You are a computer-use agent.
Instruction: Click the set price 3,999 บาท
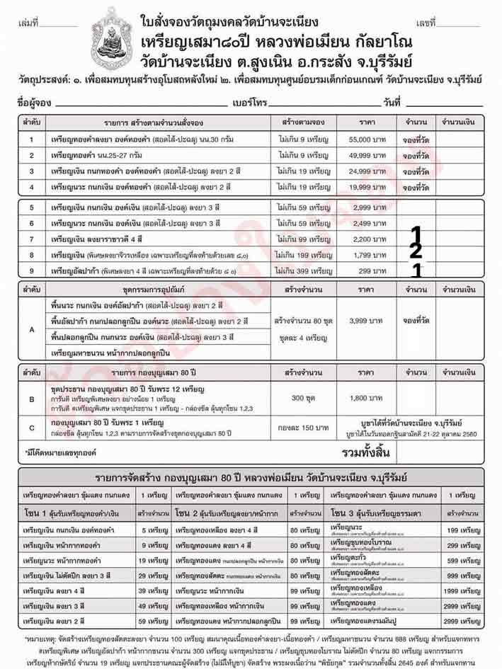pyautogui.click(x=369, y=320)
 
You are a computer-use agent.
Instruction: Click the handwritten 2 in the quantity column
pyautogui.click(x=416, y=250)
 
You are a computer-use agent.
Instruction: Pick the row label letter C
pyautogui.click(x=31, y=427)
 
